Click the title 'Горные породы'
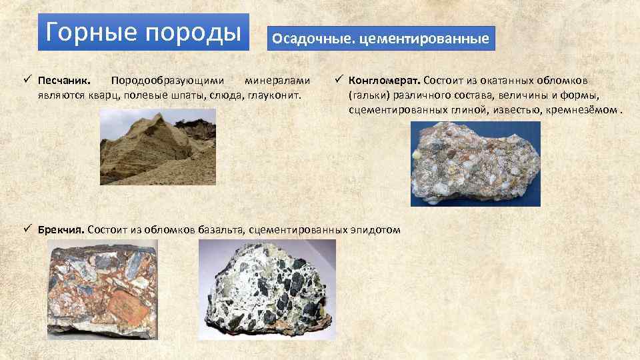[143, 31]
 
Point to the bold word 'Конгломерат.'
[383, 81]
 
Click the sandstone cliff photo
[158, 147]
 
